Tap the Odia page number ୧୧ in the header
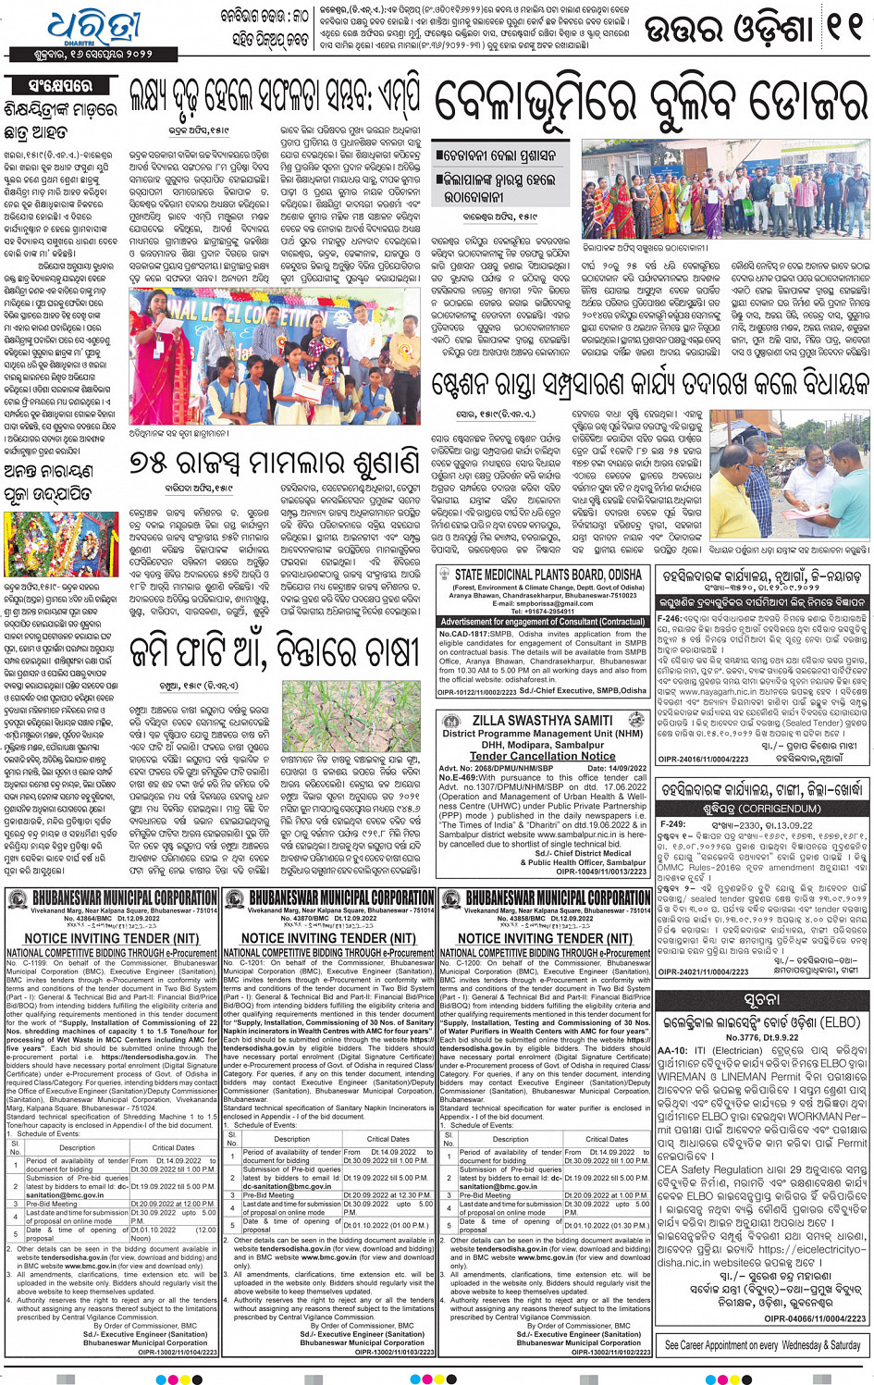pyautogui.click(x=842, y=29)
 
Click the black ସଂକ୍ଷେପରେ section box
pyautogui.click(x=60, y=85)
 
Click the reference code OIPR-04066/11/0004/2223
pyautogui.click(x=814, y=1318)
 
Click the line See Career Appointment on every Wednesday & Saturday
pyautogui.click(x=762, y=1345)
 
